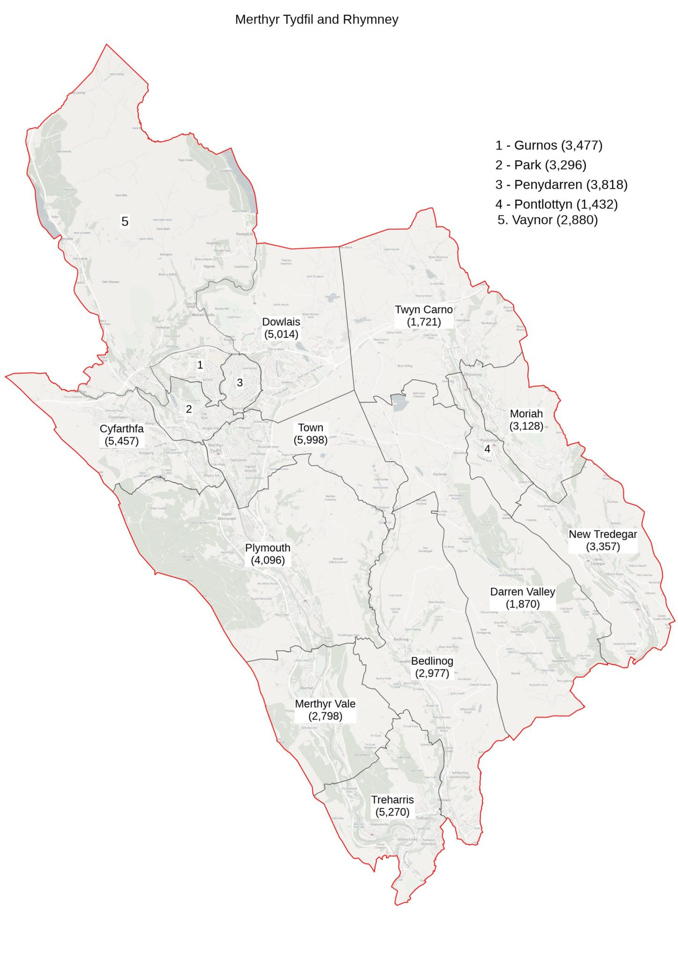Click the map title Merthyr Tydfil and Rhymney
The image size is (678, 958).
click(x=317, y=20)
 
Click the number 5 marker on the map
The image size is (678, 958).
click(x=125, y=221)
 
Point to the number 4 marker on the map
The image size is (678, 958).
click(x=487, y=449)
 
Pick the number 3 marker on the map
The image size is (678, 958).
click(x=240, y=383)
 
